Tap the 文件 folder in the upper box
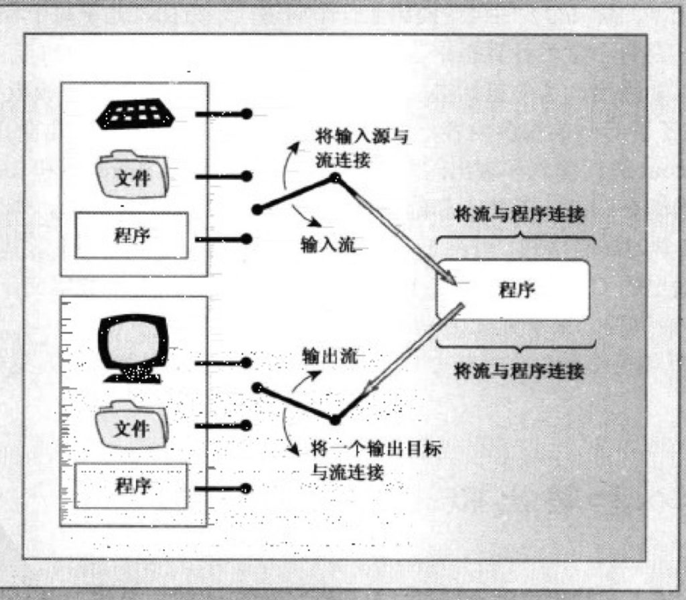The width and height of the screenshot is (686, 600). pyautogui.click(x=132, y=175)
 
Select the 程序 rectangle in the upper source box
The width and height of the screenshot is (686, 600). pyautogui.click(x=131, y=235)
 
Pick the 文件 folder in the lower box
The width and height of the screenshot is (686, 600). pyautogui.click(x=131, y=425)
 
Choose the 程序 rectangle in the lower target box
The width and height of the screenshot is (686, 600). pyautogui.click(x=131, y=485)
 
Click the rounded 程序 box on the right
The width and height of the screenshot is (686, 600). pyautogui.click(x=513, y=290)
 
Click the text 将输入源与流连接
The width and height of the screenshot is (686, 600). pyautogui.click(x=362, y=149)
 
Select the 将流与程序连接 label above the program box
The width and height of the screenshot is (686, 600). pyautogui.click(x=519, y=215)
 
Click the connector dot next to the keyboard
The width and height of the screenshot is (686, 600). pyautogui.click(x=247, y=114)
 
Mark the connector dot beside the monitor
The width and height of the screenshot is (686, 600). pyautogui.click(x=247, y=363)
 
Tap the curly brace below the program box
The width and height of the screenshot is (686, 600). pyautogui.click(x=516, y=344)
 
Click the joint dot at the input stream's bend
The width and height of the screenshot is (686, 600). pyautogui.click(x=335, y=178)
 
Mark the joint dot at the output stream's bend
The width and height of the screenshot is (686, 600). pyautogui.click(x=335, y=419)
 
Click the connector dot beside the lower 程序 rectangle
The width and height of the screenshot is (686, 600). pyautogui.click(x=247, y=488)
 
